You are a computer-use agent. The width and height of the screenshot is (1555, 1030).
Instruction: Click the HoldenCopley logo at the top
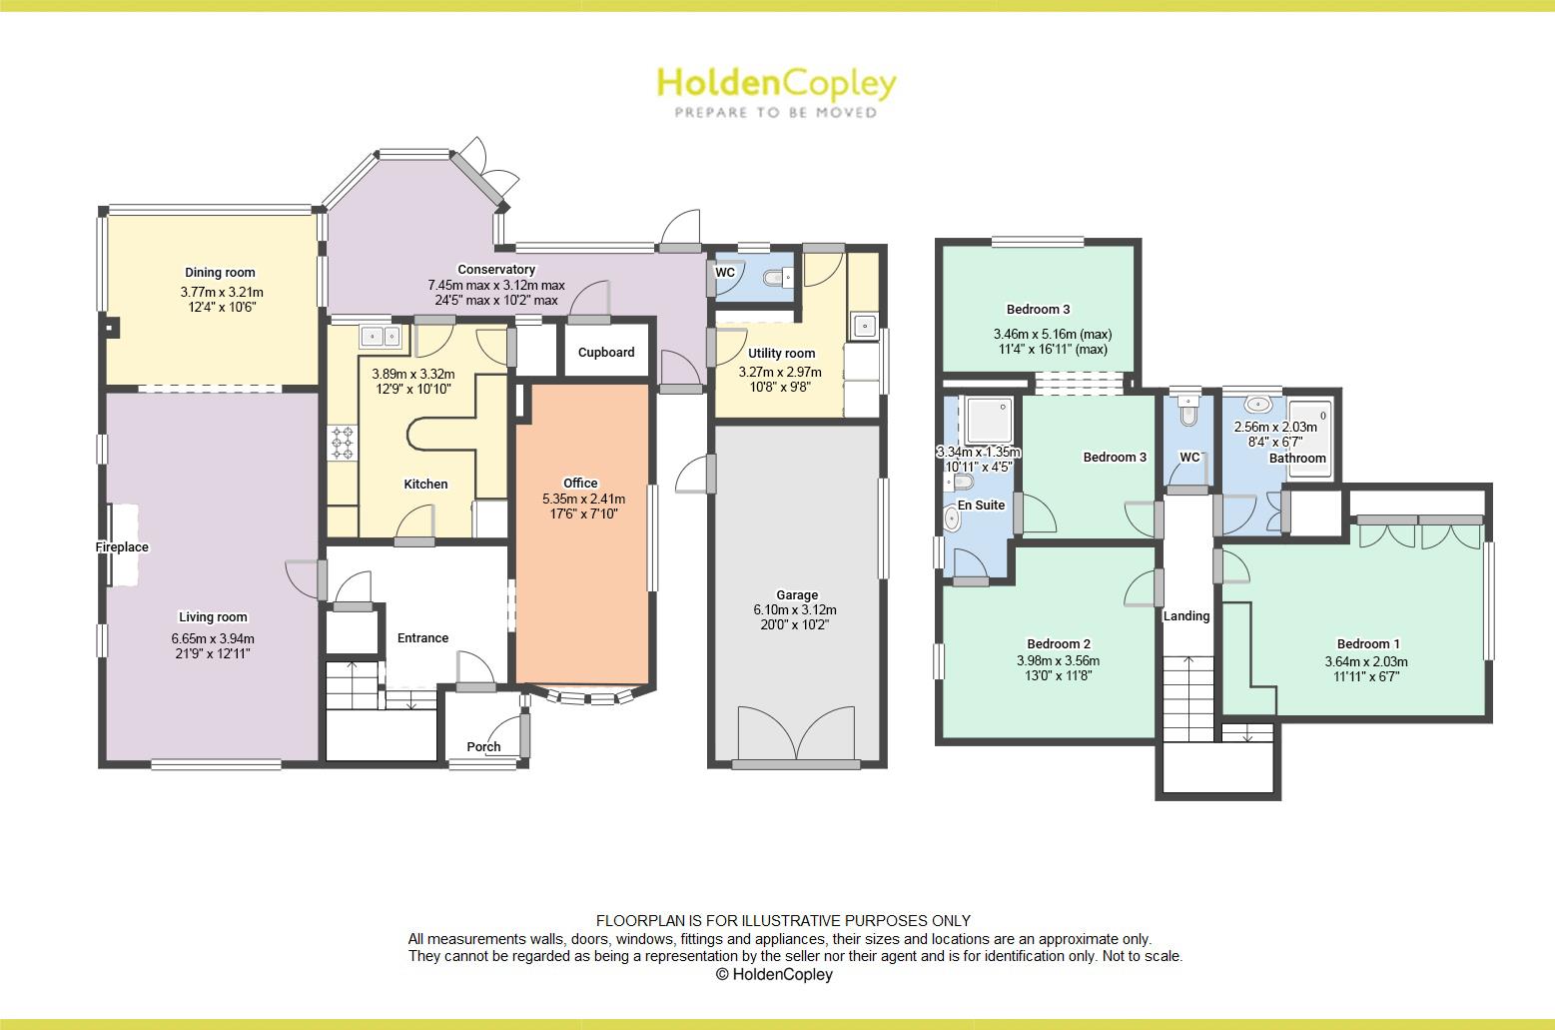(x=775, y=84)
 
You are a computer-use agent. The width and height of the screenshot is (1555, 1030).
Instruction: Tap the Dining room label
(x=220, y=273)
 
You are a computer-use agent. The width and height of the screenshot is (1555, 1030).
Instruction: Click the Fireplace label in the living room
(x=122, y=547)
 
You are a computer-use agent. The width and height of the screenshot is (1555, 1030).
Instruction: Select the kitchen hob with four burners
(x=343, y=443)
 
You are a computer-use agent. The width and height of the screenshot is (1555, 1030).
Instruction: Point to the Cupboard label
(x=606, y=353)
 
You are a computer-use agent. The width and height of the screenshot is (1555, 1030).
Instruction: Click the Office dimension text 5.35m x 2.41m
(x=583, y=500)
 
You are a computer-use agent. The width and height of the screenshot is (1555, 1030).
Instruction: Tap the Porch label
(x=484, y=747)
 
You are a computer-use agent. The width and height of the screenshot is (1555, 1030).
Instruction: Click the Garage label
(x=797, y=595)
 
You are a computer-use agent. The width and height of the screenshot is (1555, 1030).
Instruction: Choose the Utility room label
(x=781, y=354)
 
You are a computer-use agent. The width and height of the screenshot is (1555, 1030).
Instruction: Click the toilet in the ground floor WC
(x=775, y=278)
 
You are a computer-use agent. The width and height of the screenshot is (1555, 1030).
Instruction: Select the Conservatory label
(x=496, y=270)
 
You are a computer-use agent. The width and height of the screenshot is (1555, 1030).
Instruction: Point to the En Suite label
(x=981, y=506)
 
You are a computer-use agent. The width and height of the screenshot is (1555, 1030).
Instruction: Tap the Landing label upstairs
(x=1186, y=616)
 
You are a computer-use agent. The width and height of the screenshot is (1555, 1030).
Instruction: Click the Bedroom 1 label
(x=1368, y=644)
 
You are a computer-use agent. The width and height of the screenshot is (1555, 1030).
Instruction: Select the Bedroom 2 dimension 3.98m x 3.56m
(x=1058, y=661)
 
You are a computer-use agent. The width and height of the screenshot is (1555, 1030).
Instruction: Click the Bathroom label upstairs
(x=1297, y=459)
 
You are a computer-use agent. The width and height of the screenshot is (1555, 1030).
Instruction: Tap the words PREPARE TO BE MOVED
(x=775, y=113)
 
